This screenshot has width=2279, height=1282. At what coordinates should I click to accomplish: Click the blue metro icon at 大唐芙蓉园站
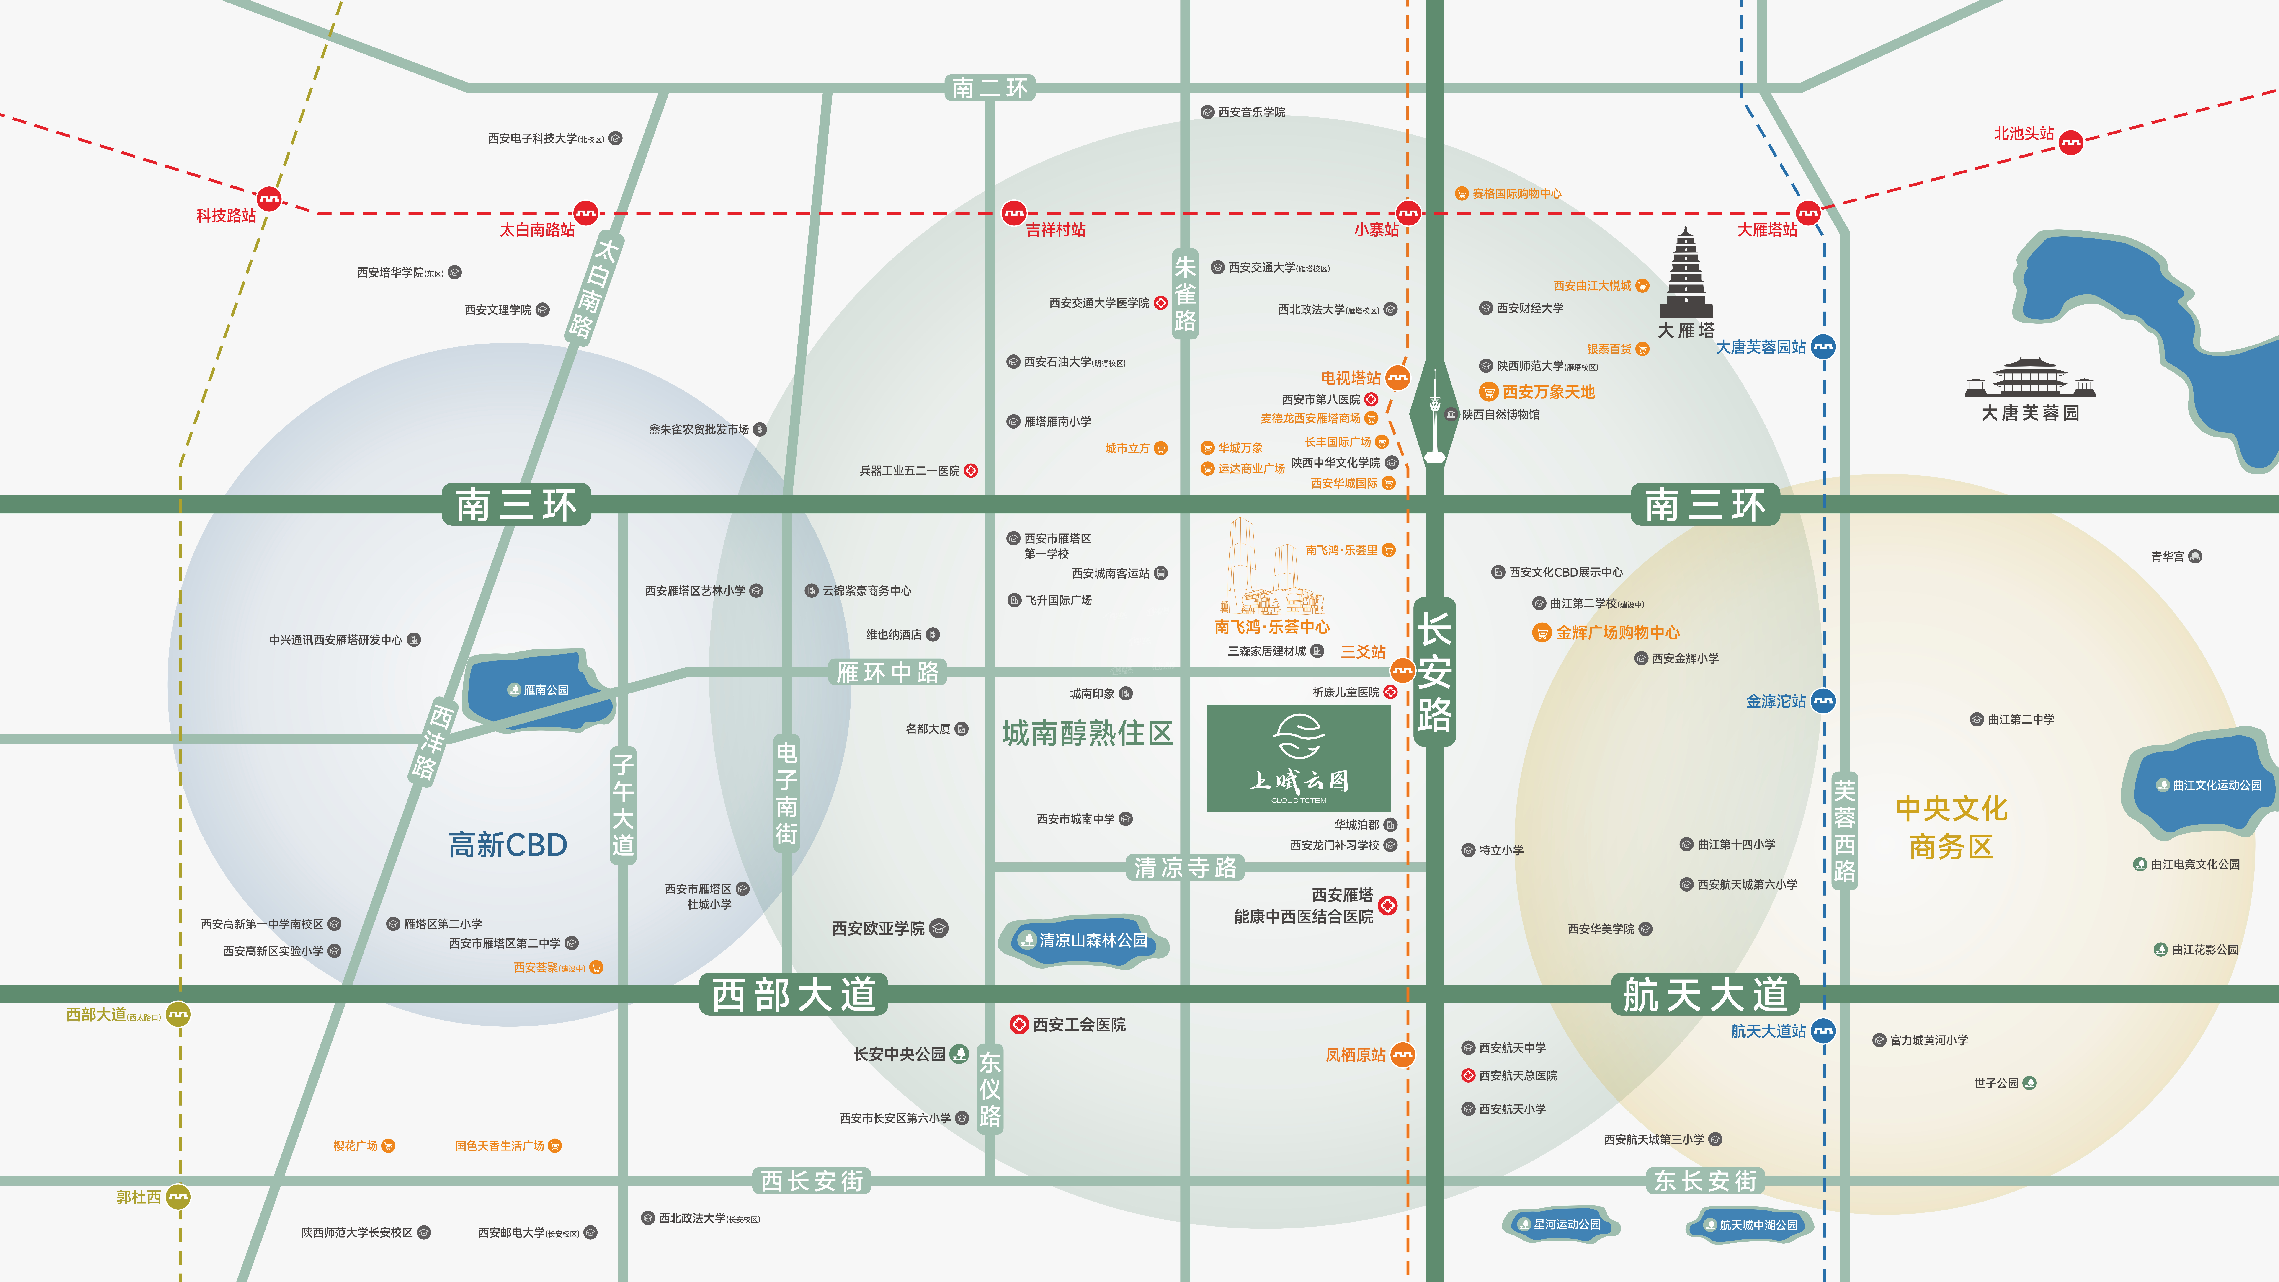coord(1823,347)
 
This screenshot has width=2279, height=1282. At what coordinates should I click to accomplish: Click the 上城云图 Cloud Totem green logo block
coord(1298,757)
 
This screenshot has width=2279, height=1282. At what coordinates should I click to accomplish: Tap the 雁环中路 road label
coord(887,672)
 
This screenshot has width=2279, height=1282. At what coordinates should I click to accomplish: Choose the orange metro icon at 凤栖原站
coord(1402,1055)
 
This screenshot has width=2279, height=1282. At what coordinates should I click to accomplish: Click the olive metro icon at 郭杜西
coord(178,1197)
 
